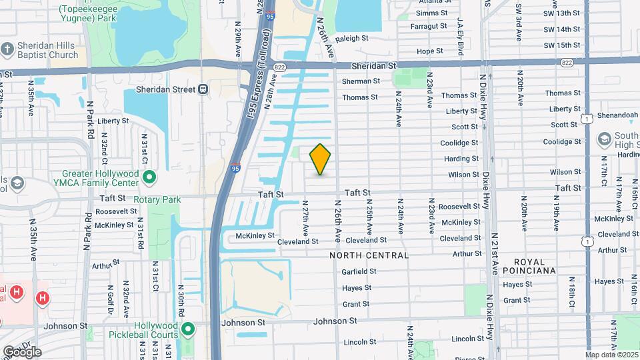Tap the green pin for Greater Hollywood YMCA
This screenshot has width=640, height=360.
149,177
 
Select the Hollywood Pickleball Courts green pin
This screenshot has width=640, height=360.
188,329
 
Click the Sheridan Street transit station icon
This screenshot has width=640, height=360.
203,89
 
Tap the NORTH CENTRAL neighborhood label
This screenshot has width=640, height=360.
369,255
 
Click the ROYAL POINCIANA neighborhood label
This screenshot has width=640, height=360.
530,266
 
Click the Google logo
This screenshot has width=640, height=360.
21,351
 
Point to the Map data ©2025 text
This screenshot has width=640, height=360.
611,355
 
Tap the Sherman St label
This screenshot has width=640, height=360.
361,81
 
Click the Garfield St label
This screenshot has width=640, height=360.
359,271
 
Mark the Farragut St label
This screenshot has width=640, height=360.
429,26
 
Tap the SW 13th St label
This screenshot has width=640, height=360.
561,13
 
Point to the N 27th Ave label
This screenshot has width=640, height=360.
305,217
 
